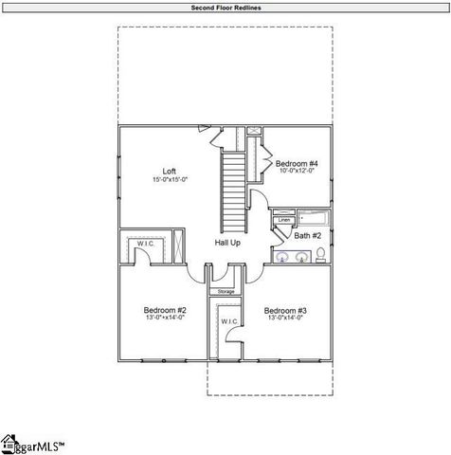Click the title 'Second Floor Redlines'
tap(225, 8)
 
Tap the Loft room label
tap(169, 172)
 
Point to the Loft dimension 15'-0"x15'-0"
tap(169, 180)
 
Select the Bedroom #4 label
tap(297, 164)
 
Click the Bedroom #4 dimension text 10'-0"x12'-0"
tap(297, 173)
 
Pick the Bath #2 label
tap(307, 235)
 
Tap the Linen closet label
tap(283, 220)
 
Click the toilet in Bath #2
tap(321, 253)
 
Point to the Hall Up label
tap(226, 244)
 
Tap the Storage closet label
tap(226, 291)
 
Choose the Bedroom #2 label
tap(164, 310)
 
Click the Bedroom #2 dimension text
tap(164, 318)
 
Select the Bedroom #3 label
tap(283, 310)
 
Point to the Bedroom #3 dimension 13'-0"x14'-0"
tap(283, 318)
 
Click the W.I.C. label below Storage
tap(228, 322)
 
